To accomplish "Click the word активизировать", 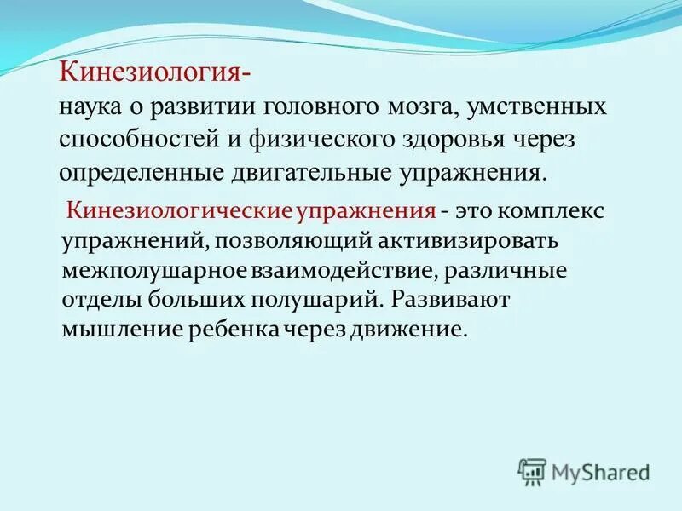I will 473,240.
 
